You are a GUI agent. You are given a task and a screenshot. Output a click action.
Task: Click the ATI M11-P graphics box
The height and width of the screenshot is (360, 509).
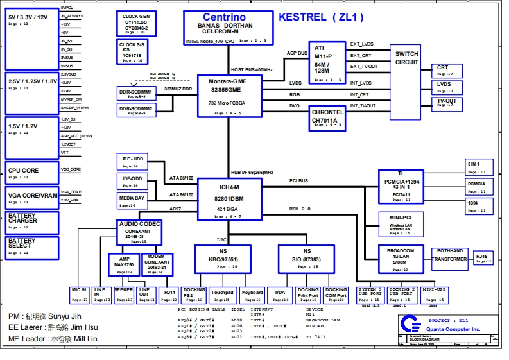pyautogui.click(x=327, y=62)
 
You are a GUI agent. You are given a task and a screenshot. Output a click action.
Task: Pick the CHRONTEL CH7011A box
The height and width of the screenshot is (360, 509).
pyautogui.click(x=327, y=118)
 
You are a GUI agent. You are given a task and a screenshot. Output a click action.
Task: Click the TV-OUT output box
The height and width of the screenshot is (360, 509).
pyautogui.click(x=446, y=103)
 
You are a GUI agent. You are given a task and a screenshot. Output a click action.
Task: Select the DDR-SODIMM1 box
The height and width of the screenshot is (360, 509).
pyautogui.click(x=136, y=93)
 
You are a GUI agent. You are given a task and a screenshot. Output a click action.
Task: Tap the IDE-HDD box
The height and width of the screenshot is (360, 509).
pyautogui.click(x=133, y=162)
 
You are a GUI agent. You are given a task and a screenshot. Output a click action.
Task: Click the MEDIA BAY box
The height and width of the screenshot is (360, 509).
pyautogui.click(x=132, y=201)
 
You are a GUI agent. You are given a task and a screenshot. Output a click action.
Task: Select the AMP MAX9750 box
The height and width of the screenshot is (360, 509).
pyautogui.click(x=123, y=264)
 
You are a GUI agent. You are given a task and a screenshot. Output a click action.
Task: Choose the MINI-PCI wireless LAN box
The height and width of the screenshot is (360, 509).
pyautogui.click(x=400, y=225)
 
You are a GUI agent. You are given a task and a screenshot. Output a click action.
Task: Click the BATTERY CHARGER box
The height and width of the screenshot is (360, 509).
pyautogui.click(x=31, y=222)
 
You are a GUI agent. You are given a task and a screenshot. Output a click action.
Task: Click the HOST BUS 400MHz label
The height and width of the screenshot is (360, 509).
pyautogui.click(x=252, y=69)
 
